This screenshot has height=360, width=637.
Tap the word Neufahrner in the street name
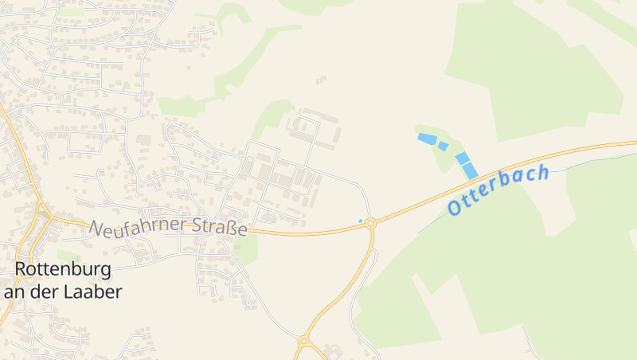[x=139, y=227]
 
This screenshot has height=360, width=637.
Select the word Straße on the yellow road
[x=221, y=227]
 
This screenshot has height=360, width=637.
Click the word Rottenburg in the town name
[x=63, y=268]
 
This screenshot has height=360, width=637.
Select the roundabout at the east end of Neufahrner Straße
[x=370, y=225]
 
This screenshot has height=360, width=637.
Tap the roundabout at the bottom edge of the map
[x=303, y=341]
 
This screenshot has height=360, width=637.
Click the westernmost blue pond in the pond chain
[x=427, y=139]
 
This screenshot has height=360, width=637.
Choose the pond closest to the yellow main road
[x=471, y=170]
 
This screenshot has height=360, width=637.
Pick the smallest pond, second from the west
[x=443, y=146]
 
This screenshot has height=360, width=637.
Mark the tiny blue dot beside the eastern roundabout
[x=361, y=220]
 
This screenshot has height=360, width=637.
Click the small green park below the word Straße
[x=247, y=250]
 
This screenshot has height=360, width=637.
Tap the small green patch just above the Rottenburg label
[x=69, y=256]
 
